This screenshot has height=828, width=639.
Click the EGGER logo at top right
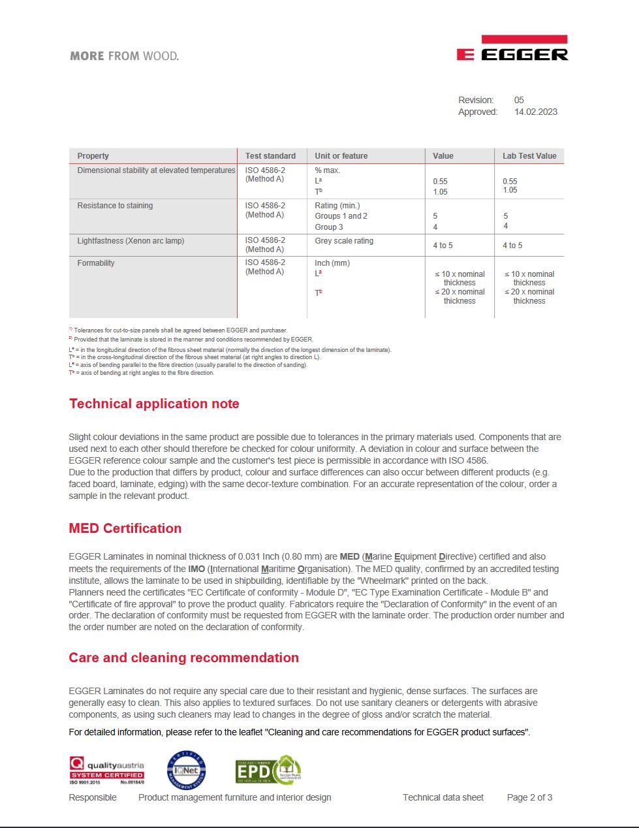tap(512, 49)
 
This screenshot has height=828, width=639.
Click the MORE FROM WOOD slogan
tap(124, 56)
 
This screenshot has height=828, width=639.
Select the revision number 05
tap(519, 100)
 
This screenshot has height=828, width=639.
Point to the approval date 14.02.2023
tap(535, 112)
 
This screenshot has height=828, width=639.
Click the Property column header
tap(93, 156)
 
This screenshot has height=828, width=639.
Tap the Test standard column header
tap(270, 156)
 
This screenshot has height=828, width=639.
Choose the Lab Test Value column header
tap(529, 156)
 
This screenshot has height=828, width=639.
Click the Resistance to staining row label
tap(115, 206)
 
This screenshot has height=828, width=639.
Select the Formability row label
tap(96, 263)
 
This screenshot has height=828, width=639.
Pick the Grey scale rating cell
tap(344, 241)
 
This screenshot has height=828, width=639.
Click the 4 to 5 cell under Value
tap(443, 246)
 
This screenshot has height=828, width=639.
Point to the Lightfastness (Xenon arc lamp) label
tap(131, 241)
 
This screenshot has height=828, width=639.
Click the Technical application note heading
tap(154, 404)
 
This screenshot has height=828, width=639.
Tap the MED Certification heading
tap(125, 528)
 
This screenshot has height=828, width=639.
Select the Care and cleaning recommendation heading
tap(183, 658)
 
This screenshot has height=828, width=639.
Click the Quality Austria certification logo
tap(107, 770)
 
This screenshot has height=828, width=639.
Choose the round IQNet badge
tap(187, 770)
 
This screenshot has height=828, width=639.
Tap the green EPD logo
tap(268, 770)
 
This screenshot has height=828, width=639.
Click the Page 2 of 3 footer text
tap(529, 797)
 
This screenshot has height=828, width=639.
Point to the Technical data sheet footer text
tap(443, 797)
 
